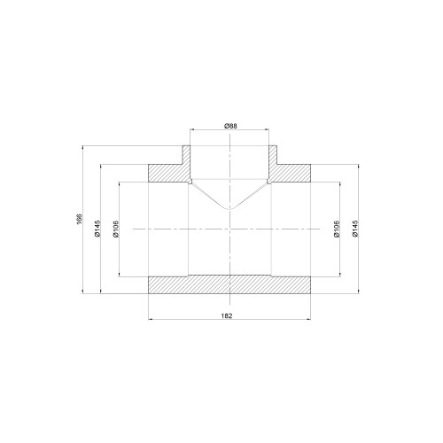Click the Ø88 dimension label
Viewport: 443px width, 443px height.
[x=230, y=126]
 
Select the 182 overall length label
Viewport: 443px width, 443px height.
[x=227, y=315]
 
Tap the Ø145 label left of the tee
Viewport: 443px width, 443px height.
[x=97, y=229]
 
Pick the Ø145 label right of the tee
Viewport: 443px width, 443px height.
[x=355, y=229]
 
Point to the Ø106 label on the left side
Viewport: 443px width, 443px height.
[x=115, y=229]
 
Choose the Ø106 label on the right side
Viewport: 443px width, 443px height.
[x=337, y=229]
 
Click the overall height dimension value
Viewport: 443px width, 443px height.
[x=79, y=219]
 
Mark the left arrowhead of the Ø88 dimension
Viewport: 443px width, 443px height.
[x=192, y=129]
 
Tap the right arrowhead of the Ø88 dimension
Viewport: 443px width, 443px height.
[x=267, y=129]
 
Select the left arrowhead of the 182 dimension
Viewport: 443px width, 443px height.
[x=150, y=319]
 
